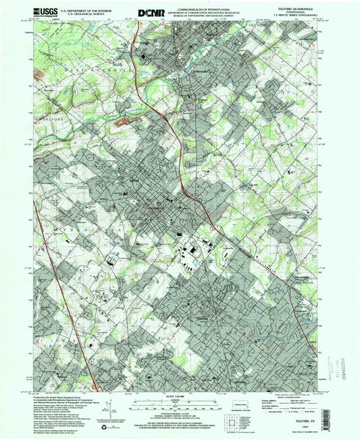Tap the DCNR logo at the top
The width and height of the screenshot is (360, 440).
coord(150,12)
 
